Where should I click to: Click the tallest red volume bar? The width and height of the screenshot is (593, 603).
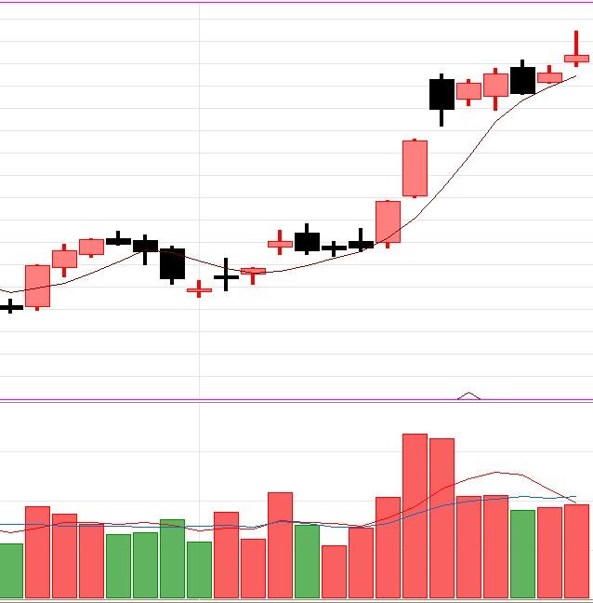click(415, 516)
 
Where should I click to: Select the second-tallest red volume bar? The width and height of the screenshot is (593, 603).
click(441, 518)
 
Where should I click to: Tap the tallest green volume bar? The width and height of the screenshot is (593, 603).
click(172, 558)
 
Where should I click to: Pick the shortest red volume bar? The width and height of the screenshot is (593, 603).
click(334, 571)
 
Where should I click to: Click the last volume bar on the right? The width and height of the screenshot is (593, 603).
click(576, 551)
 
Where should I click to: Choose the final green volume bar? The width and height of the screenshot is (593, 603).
click(522, 554)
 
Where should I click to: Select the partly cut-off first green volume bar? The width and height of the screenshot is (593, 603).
click(9, 570)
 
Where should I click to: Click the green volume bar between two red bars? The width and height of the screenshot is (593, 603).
click(307, 561)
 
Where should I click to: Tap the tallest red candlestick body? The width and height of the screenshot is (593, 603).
click(415, 168)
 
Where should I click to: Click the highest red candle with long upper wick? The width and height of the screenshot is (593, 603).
click(576, 58)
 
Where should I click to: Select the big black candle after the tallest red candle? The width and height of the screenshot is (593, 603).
click(441, 95)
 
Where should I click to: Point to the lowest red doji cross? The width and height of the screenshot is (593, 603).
click(199, 290)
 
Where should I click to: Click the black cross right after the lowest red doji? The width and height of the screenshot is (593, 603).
click(226, 276)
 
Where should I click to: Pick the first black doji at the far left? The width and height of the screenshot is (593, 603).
click(10, 305)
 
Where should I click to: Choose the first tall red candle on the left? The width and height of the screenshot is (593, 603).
click(37, 286)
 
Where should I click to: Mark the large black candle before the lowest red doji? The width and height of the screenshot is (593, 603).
click(172, 263)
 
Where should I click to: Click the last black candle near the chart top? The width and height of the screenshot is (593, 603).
click(522, 80)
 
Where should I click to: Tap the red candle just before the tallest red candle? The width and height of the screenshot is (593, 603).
click(388, 221)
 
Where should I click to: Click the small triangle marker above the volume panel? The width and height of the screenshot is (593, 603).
click(469, 395)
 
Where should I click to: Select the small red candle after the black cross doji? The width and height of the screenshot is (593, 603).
click(253, 272)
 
